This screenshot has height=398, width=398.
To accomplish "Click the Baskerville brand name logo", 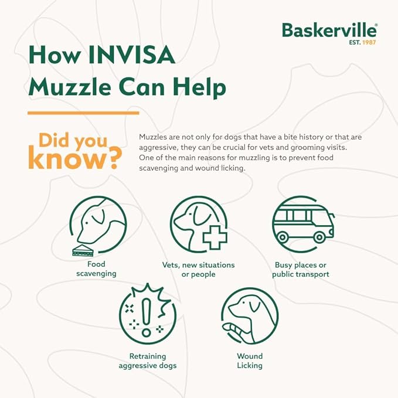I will pos(329,30).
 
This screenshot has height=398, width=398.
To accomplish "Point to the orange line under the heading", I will pos(83,113).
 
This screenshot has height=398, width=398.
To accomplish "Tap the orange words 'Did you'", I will pos(73,141).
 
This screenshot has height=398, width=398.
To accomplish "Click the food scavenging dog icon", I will pos(98,224).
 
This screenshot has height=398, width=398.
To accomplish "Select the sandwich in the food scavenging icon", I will pos(82,250).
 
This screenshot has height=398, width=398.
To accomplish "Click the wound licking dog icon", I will pos(249,317).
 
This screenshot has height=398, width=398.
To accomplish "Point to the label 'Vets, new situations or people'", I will pos(198,270).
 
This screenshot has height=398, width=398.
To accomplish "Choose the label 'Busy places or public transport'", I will pos(302,270).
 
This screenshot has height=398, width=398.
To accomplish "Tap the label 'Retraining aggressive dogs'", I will pos(148,361).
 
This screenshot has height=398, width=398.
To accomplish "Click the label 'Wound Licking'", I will pos(250,361).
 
